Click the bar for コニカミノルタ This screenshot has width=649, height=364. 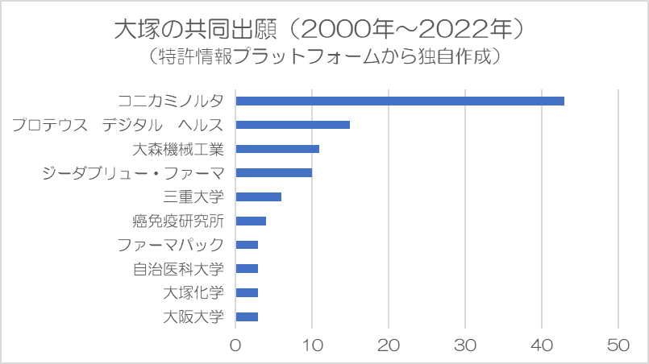[x=400, y=101]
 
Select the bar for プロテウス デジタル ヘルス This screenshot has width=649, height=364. [x=293, y=125]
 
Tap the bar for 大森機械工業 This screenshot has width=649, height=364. [x=277, y=149]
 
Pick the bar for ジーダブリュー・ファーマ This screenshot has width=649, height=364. [x=273, y=172]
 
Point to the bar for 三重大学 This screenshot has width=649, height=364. [x=258, y=196]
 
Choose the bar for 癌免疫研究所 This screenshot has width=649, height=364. [x=251, y=221]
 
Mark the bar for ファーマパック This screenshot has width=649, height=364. [x=247, y=245]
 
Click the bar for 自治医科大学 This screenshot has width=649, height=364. [x=247, y=268]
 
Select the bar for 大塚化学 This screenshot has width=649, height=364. [x=247, y=292]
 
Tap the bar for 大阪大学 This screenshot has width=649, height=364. [x=247, y=316]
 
